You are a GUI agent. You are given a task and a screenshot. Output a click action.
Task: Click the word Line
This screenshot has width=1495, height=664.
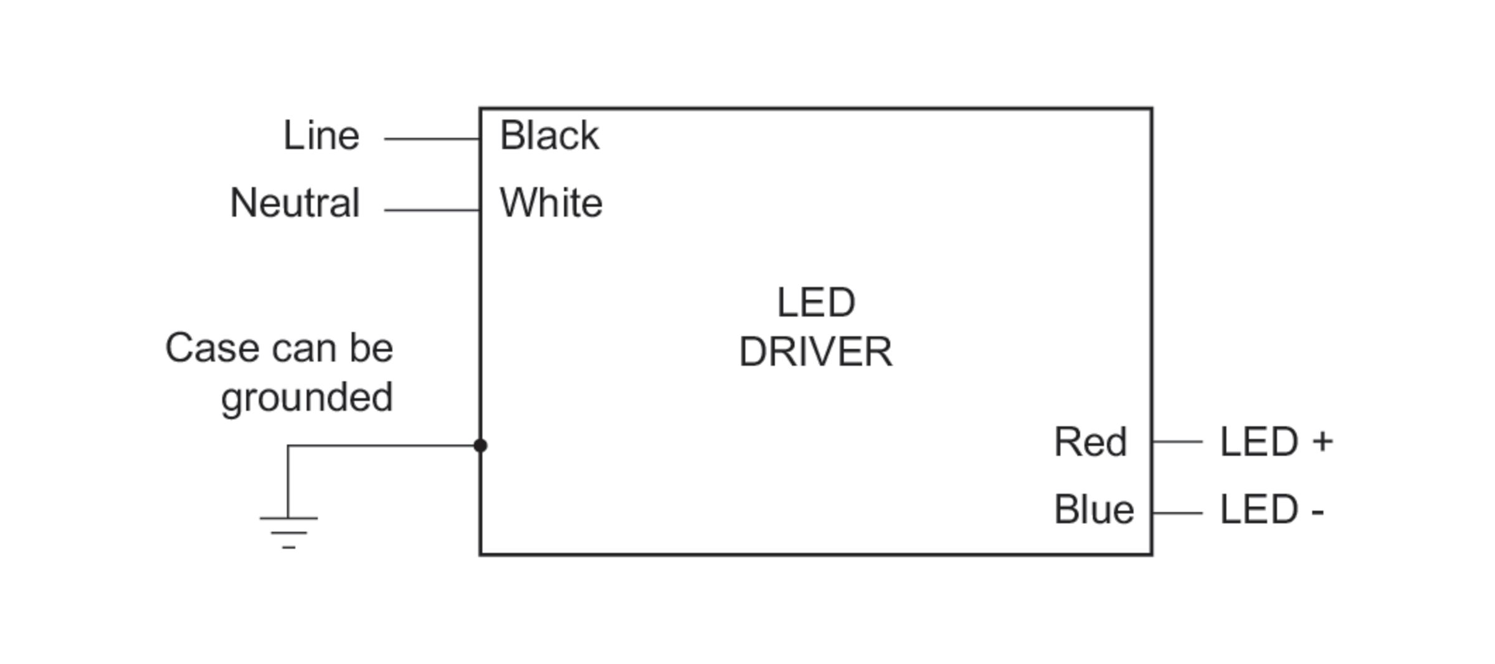coord(321,135)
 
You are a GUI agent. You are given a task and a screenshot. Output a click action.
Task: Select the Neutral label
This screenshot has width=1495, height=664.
coord(295,203)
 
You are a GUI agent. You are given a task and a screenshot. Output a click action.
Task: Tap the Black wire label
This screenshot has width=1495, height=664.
coord(549,135)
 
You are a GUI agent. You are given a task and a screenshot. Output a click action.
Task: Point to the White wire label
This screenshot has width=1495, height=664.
coord(551,203)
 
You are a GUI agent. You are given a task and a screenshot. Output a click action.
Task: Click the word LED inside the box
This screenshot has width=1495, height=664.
coord(815,303)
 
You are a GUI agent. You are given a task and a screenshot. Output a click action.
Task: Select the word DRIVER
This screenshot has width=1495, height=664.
coord(815,352)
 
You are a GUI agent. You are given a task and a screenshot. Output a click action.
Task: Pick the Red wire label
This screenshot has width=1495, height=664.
coord(1090,442)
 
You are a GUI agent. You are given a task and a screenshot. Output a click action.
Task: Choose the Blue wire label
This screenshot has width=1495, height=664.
coord(1093,510)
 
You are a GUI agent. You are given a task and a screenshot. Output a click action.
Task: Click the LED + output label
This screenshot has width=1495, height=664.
coord(1276,442)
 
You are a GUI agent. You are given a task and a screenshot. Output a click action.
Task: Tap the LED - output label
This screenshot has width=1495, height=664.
coord(1271,510)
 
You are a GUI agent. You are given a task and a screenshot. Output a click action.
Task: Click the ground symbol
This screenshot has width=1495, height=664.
coord(288,531)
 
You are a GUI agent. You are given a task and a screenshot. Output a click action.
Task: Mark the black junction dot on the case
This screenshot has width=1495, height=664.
coord(480,445)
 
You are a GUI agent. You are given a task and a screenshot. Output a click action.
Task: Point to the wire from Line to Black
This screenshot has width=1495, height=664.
coord(432,139)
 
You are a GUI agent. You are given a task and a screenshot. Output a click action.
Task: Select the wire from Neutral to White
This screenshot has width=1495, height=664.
coord(432,211)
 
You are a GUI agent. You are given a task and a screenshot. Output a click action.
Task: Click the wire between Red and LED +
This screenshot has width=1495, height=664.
coord(1177,442)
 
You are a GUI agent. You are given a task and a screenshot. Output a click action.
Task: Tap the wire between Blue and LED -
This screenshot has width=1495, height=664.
coord(1177,513)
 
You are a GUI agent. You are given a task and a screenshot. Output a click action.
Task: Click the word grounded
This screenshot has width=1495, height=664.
coord(306,398)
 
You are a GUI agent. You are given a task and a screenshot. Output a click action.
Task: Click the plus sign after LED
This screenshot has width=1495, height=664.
coord(1322,442)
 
